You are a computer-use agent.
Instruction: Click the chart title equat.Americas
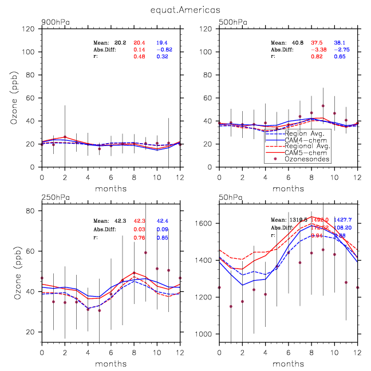[185, 9]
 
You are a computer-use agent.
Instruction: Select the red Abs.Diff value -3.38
[318, 49]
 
